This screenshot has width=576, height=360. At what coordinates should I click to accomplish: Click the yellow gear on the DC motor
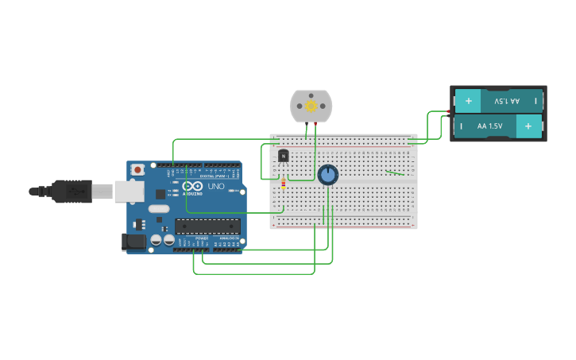[311, 106]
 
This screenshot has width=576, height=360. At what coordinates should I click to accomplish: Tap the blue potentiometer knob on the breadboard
[327, 175]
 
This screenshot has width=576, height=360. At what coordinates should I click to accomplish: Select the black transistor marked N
[283, 157]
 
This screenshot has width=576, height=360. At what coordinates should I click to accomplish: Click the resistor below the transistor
[283, 185]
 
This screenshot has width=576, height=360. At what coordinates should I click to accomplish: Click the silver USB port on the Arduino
[128, 191]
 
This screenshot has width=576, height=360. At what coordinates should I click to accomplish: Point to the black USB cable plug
[72, 191]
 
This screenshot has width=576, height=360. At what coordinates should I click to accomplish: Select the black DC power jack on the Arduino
[133, 242]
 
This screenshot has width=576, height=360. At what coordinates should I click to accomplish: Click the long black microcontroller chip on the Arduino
[207, 226]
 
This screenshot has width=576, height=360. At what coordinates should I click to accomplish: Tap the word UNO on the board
[216, 187]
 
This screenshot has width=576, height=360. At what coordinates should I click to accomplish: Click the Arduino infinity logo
[193, 186]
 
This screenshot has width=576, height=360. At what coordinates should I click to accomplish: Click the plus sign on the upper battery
[468, 101]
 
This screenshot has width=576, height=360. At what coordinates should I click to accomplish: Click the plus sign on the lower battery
[528, 126]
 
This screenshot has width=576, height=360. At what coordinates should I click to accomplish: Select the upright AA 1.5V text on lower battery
[489, 126]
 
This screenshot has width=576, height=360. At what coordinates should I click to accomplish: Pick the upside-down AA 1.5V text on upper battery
[506, 101]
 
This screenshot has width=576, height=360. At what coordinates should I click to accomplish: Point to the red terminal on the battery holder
[450, 111]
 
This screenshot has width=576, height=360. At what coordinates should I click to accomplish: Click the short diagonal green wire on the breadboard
[395, 172]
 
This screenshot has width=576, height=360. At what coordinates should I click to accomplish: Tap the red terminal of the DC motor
[316, 124]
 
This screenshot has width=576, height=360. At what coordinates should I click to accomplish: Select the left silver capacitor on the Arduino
[157, 239]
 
